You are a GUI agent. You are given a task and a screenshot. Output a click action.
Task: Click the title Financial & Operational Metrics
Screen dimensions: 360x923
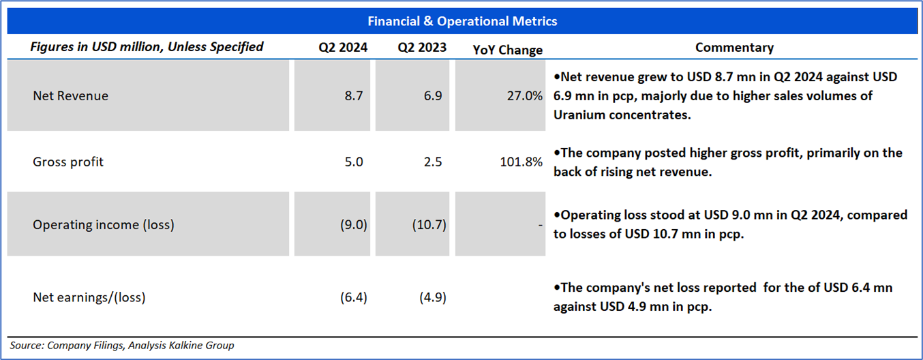[462, 21]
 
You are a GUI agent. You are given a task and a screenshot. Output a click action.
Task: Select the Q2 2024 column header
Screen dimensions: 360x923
[342, 48]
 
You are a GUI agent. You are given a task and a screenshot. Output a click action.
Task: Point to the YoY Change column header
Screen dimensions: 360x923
[507, 50]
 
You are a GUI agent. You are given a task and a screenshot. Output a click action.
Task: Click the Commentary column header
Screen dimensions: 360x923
[733, 48]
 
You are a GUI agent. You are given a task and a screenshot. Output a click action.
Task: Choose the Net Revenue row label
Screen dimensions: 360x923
[70, 96]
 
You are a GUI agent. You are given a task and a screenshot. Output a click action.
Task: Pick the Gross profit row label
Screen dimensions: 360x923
[68, 162]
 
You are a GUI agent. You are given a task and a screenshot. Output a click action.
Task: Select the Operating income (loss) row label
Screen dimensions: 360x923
[103, 224]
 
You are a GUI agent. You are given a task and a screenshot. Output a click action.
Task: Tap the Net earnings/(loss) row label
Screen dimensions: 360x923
[89, 297]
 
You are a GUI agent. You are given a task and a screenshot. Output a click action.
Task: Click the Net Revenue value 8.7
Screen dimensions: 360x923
[354, 96]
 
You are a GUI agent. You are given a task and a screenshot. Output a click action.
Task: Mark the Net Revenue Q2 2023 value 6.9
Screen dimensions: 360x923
[433, 96]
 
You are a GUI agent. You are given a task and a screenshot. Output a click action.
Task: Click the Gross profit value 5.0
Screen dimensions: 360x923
[354, 162]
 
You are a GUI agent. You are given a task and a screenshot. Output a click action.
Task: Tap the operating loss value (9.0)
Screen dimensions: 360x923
[353, 224]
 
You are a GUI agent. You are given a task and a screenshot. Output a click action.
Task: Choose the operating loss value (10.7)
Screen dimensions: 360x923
[429, 224]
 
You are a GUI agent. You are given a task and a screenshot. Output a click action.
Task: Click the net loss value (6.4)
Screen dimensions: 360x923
[353, 297]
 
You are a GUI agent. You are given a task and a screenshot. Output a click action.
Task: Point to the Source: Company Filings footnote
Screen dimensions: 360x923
[122, 346]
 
